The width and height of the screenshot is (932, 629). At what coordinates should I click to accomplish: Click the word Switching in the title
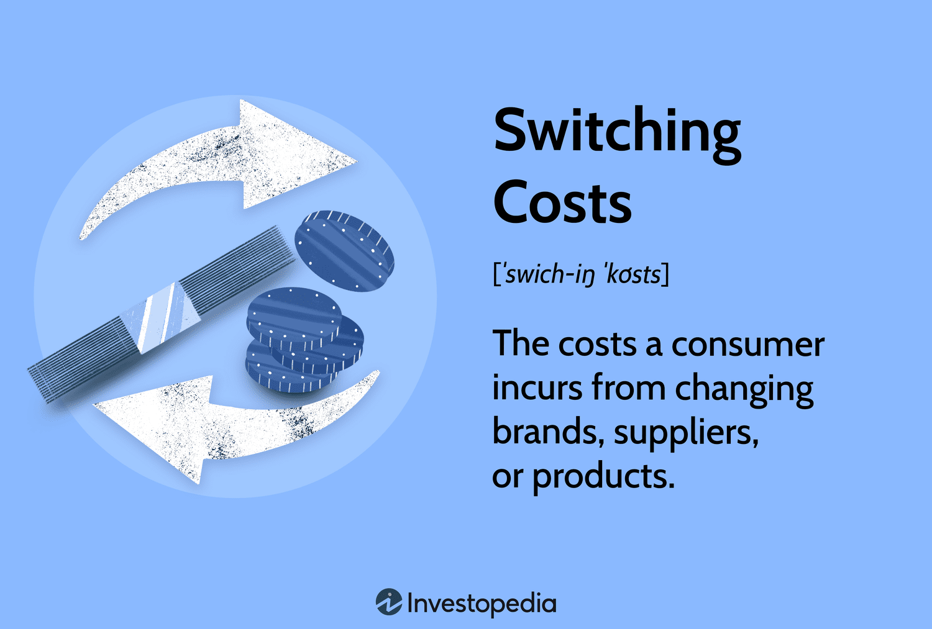point(617,132)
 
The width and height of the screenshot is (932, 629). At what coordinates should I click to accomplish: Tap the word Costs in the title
point(562,202)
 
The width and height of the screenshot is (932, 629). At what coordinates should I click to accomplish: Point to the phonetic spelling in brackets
point(581,274)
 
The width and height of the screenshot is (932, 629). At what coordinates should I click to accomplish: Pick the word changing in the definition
point(744,389)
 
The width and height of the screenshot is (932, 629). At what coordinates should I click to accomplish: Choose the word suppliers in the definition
point(686,433)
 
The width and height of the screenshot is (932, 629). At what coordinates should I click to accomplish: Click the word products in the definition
point(603,476)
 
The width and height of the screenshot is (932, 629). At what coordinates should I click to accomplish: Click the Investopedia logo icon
point(389,602)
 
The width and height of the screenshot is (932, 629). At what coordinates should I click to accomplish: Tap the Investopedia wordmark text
point(482,604)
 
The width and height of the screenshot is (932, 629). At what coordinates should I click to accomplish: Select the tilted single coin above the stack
point(344,250)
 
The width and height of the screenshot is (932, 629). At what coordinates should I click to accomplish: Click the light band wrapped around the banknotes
point(160,317)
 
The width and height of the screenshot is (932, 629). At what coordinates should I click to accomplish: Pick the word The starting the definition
point(521,345)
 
